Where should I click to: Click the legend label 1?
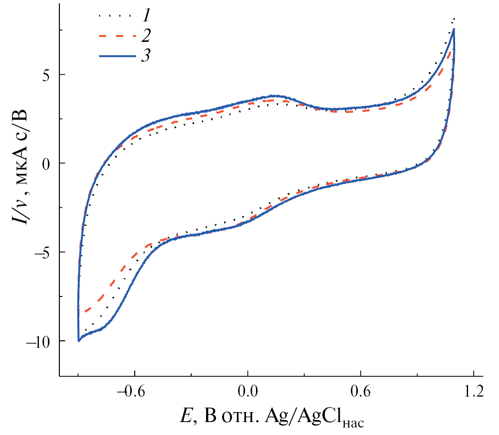click(146, 16)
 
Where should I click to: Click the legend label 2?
click(146, 36)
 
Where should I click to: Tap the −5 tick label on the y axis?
click(42, 252)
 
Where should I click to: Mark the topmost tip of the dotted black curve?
click(454, 19)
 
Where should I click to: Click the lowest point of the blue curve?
click(79, 341)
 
